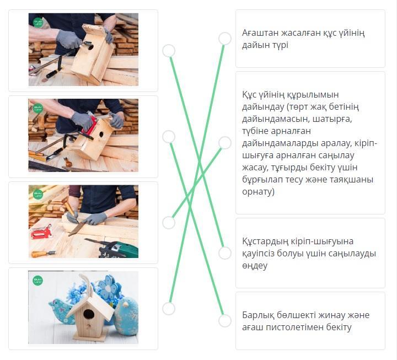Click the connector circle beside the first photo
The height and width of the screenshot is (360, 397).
coord(169,51)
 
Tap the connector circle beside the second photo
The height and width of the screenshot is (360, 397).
coord(169,137)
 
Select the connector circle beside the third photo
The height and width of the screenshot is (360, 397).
coord(169,223)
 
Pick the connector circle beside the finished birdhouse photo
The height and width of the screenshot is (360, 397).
coord(169,309)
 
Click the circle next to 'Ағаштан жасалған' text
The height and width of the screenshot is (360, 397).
coord(225,39)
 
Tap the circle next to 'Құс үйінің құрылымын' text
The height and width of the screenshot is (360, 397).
coord(225,143)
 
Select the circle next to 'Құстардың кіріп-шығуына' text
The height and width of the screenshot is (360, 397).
coord(225,253)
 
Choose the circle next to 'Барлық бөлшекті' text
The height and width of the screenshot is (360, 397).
coord(225,321)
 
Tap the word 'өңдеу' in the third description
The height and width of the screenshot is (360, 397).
coord(255,266)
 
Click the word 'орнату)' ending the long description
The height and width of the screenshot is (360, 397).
coord(258,192)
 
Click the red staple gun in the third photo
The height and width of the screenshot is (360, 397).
coord(41,232)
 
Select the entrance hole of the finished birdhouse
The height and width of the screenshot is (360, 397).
coord(89,314)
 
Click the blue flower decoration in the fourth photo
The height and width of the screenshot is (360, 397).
coord(109,288)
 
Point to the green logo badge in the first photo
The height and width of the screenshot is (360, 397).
coord(38,22)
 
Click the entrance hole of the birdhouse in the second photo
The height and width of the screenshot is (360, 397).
coord(101,135)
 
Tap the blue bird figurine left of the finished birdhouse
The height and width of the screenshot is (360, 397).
coord(59,312)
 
